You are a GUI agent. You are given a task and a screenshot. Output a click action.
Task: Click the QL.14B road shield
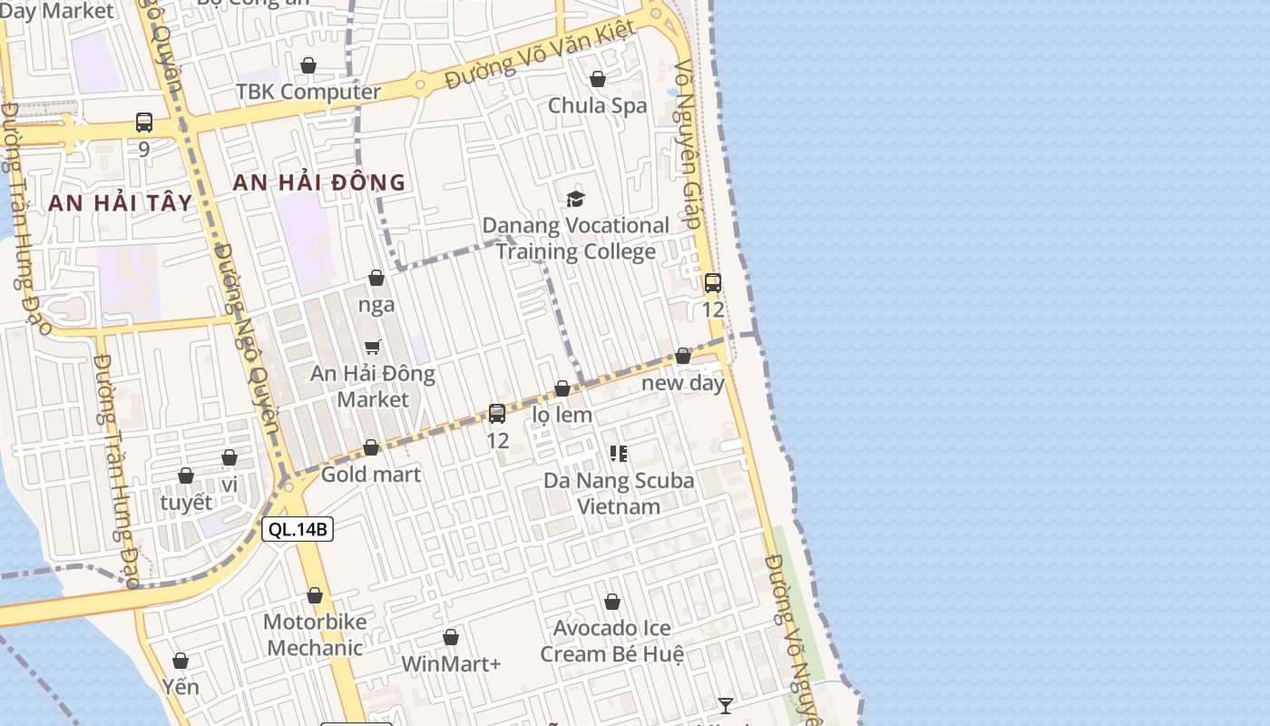(298, 529)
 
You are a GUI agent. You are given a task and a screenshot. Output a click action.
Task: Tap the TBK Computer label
(308, 92)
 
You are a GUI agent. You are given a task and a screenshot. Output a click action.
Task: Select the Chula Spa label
(597, 105)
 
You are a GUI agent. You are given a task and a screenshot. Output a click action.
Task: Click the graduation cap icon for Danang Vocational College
(575, 199)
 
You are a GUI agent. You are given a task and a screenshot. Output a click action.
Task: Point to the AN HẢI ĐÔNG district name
(318, 182)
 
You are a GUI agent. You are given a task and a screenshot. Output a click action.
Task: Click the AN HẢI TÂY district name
(121, 202)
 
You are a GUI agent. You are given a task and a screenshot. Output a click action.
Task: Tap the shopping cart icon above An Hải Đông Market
(372, 347)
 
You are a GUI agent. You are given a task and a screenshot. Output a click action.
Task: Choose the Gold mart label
(370, 474)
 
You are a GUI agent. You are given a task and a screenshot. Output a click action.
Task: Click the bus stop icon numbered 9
(143, 123)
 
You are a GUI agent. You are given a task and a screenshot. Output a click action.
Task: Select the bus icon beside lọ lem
(497, 414)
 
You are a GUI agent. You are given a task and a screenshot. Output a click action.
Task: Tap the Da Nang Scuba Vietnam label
(619, 493)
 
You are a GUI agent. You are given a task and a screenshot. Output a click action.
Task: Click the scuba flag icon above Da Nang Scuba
(619, 453)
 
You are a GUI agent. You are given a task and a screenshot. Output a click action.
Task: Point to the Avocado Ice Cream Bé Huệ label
(611, 641)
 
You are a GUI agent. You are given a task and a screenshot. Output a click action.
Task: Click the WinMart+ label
(451, 663)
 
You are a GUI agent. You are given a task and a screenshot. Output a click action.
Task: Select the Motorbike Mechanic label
(315, 634)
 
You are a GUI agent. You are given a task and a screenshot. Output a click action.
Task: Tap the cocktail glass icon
(725, 705)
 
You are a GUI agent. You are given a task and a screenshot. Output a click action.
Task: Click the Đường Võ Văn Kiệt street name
(540, 56)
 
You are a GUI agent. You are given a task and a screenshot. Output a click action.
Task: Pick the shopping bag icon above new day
(683, 356)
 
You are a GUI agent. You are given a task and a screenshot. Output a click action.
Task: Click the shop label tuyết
(185, 502)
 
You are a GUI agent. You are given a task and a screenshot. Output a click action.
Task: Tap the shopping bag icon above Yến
(181, 661)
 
